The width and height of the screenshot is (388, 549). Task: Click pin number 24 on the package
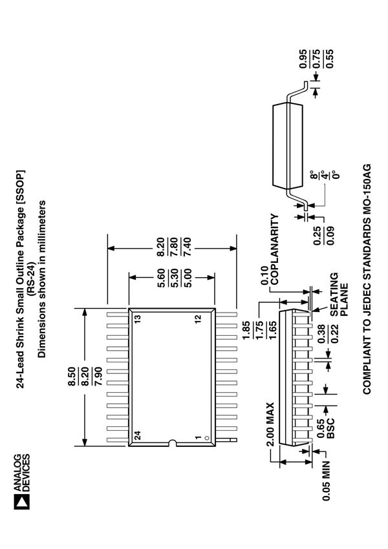[138, 436]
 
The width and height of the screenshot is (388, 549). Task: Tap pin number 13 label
[138, 318]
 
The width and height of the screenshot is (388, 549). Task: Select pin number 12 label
[199, 318]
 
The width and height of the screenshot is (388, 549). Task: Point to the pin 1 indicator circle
[206, 438]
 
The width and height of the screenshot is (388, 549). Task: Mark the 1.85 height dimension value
[246, 324]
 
